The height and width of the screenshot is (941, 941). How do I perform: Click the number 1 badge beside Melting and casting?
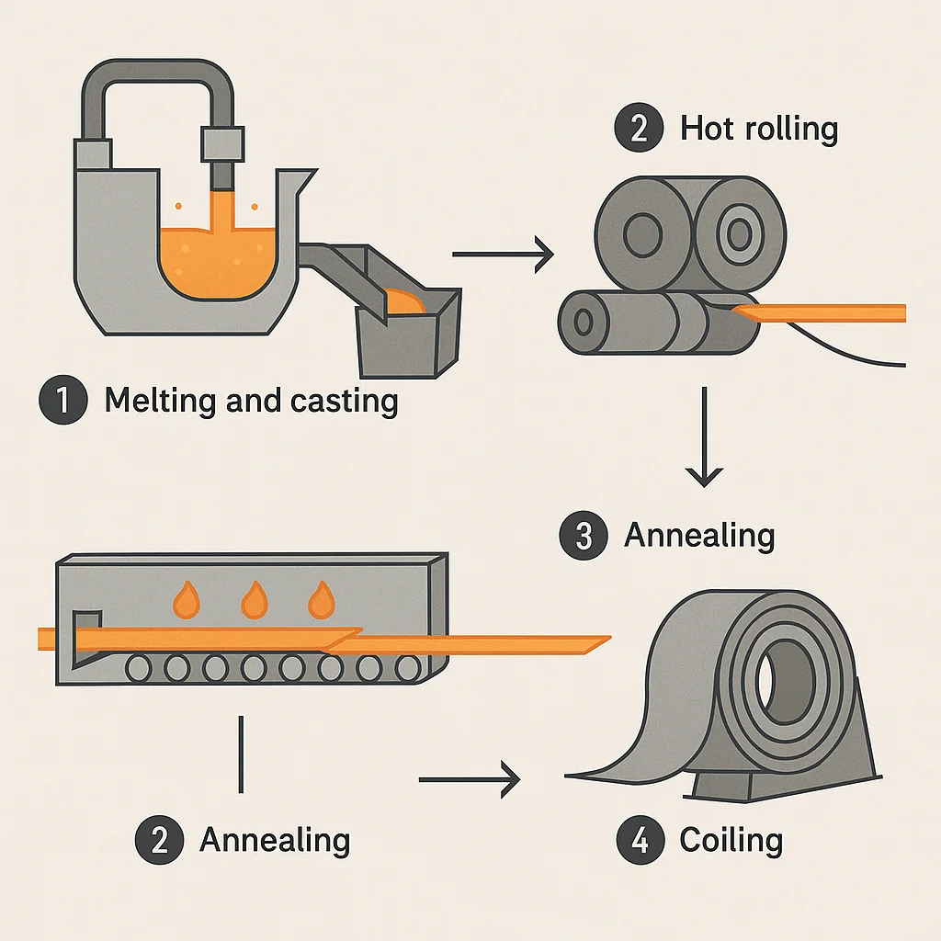63,401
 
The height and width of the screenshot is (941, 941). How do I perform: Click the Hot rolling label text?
759,128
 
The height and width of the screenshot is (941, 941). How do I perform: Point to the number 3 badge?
583,535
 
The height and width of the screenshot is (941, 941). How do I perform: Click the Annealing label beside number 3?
699,535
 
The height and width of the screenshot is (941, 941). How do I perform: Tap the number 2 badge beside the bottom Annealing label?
159,840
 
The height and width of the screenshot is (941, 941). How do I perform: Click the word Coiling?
731,841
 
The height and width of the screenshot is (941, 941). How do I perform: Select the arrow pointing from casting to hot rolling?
504,252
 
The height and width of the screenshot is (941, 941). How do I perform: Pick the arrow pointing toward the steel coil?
469,780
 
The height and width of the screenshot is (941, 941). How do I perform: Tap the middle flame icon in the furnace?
253,600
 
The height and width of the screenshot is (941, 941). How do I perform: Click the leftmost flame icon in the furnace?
186,600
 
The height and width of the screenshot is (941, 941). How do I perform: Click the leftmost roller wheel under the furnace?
140,666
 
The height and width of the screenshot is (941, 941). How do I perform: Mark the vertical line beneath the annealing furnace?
241,754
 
